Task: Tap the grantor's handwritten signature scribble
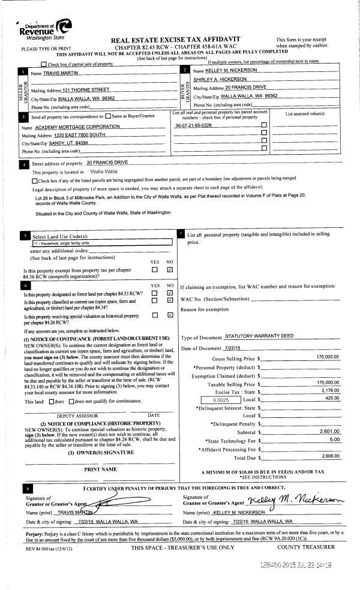(x=114, y=501)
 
